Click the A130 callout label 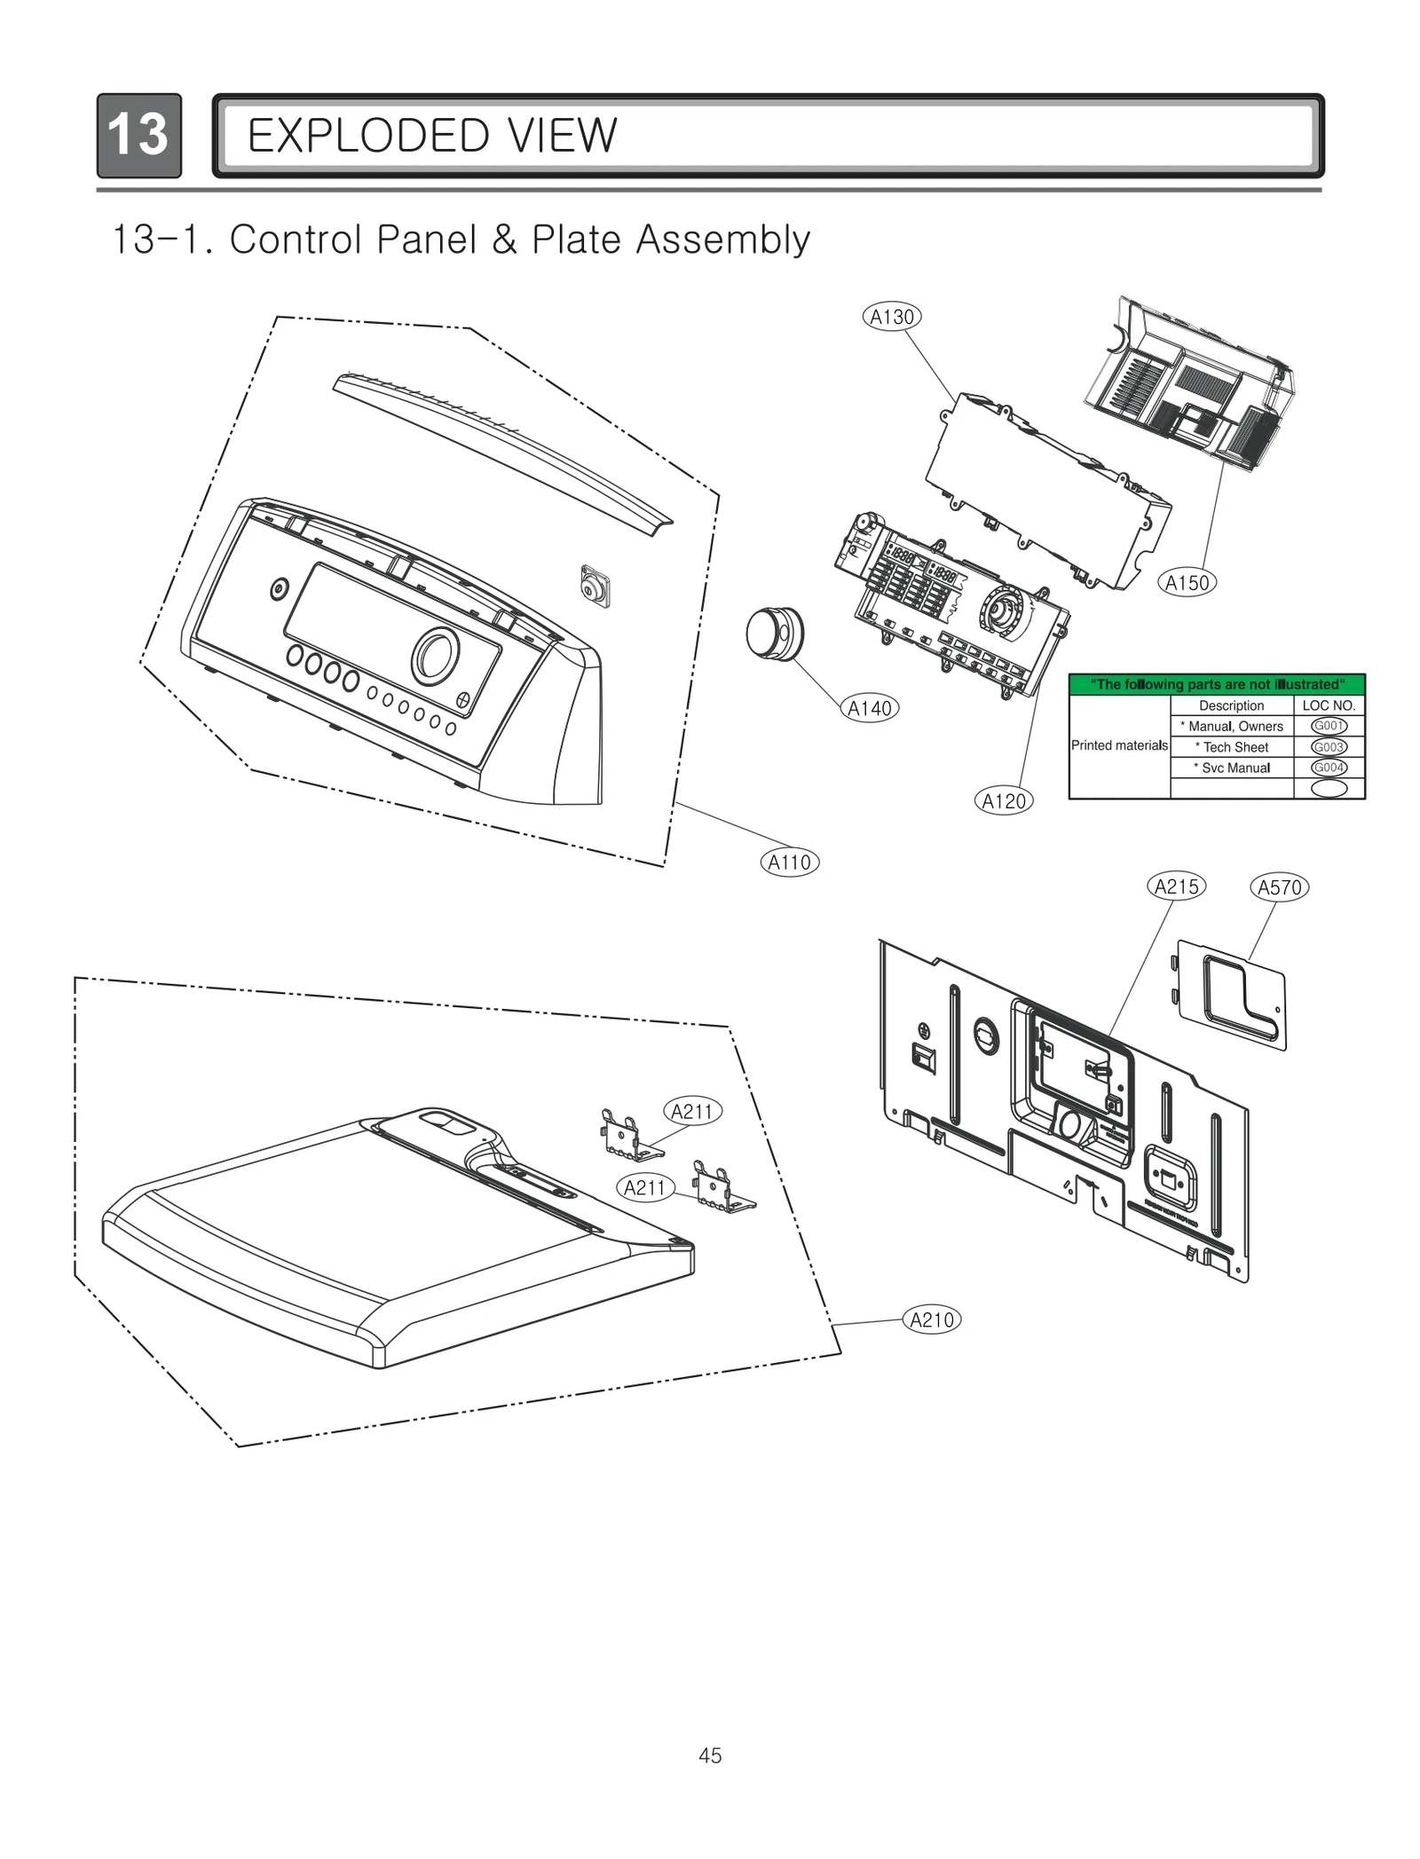pos(892,317)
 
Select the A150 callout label pos(1187,583)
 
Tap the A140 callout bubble pos(870,708)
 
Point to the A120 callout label pos(1004,801)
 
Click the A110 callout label pos(789,862)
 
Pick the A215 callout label pos(1176,886)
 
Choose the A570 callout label pos(1279,887)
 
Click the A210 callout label pos(932,1319)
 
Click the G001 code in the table pos(1329,726)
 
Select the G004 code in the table pos(1329,768)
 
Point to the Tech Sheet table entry pos(1231,747)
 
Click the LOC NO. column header pos(1329,705)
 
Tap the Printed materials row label pos(1118,745)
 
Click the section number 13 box pos(138,136)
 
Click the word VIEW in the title pos(562,136)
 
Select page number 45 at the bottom pos(710,1755)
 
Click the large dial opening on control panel pos(435,657)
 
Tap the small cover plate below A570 pos(1231,994)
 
